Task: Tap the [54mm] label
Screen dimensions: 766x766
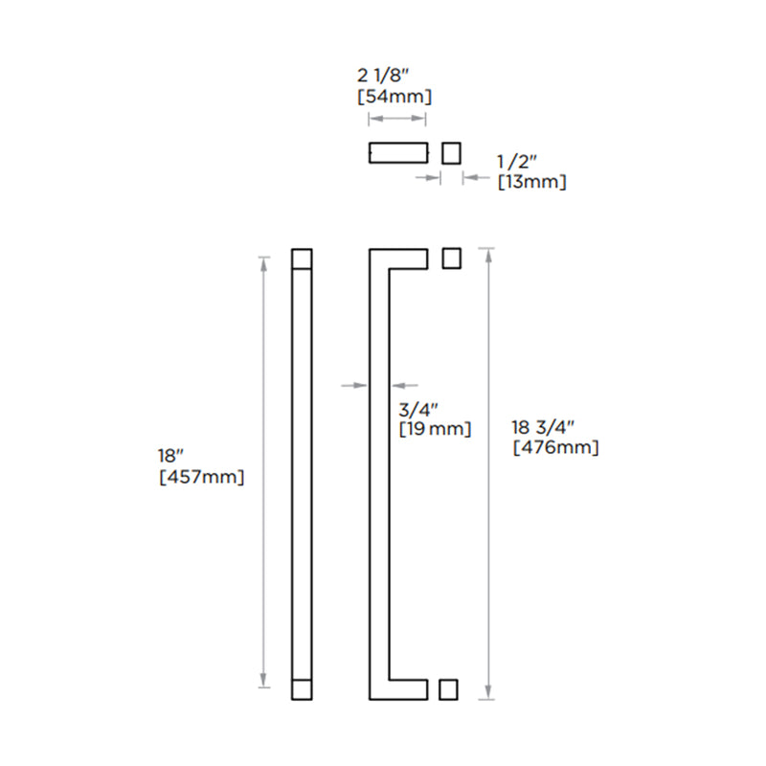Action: click(x=394, y=97)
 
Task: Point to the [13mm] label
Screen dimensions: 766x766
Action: click(x=531, y=182)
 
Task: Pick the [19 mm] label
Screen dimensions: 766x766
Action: click(x=435, y=429)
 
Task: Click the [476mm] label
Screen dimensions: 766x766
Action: click(x=556, y=446)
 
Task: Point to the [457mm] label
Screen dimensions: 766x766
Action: click(x=202, y=476)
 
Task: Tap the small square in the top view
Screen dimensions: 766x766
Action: click(x=451, y=152)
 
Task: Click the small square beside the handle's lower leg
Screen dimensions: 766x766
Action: click(x=447, y=689)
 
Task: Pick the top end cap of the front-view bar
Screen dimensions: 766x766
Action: click(x=302, y=259)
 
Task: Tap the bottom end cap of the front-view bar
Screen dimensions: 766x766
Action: click(x=302, y=688)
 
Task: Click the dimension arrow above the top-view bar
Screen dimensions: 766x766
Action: click(x=397, y=119)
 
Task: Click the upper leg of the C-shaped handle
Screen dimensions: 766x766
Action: click(x=407, y=259)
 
